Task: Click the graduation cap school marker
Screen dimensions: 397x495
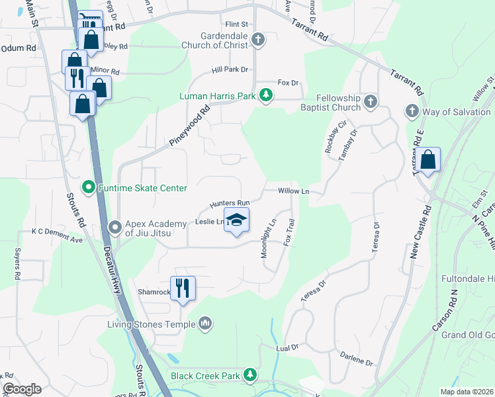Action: (236, 219)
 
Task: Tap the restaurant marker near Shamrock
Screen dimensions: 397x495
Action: (183, 288)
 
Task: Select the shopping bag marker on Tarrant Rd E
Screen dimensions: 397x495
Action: (428, 159)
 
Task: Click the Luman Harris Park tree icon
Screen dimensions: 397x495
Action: (266, 96)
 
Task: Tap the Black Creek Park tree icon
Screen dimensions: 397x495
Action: (250, 375)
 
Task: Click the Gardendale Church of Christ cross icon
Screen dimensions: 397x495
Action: (259, 40)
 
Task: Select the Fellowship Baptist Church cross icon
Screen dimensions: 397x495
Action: (371, 101)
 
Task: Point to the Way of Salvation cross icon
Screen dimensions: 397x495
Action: (412, 111)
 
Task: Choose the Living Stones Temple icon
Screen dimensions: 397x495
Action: (205, 324)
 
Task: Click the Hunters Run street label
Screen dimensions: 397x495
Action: (230, 202)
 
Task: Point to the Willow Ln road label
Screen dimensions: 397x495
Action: (294, 191)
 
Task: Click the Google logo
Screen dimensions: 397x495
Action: (22, 389)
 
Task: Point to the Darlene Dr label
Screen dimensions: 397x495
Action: (357, 362)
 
